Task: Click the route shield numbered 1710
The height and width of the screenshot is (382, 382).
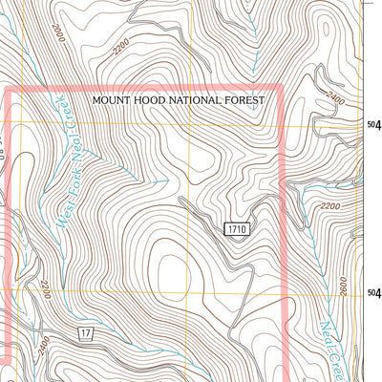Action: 238,228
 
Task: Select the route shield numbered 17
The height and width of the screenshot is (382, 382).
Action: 86,331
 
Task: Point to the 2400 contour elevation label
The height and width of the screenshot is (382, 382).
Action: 333,96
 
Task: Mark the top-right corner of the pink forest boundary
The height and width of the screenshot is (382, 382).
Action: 283,88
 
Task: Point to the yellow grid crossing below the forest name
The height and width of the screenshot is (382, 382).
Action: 190,124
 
